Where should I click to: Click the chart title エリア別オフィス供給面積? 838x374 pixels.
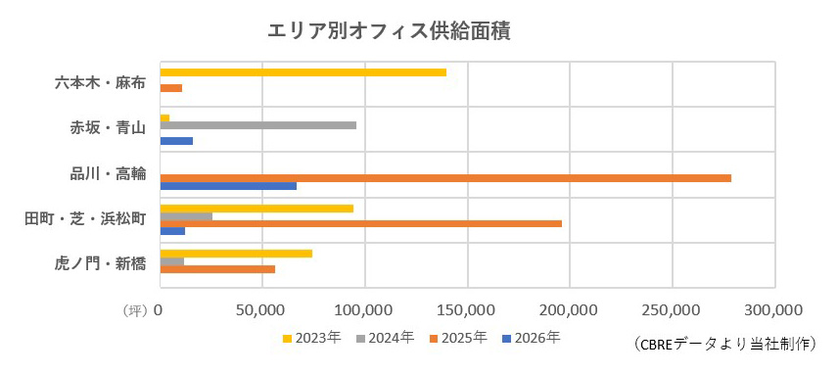tap(390, 30)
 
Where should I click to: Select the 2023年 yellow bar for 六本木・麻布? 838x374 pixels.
tap(303, 72)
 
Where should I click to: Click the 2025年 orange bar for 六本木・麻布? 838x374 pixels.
tap(171, 89)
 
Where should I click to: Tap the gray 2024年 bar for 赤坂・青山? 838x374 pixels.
tap(257, 125)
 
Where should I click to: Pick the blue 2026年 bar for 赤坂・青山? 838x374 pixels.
tap(176, 141)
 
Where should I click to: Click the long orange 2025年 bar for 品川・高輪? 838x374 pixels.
tap(444, 178)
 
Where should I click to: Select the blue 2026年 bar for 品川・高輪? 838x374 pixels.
tap(228, 186)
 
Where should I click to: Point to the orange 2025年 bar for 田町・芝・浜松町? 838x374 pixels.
tap(360, 223)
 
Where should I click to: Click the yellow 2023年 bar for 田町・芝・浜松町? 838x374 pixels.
tap(256, 209)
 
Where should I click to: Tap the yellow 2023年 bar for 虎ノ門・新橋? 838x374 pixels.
tap(236, 254)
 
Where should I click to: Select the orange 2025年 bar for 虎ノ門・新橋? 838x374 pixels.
tap(217, 269)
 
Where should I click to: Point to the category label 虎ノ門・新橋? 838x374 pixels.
tap(101, 263)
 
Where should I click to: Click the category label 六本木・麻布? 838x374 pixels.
tap(101, 82)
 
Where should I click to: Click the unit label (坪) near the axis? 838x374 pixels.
tap(135, 310)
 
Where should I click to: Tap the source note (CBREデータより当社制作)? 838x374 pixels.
tap(724, 344)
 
